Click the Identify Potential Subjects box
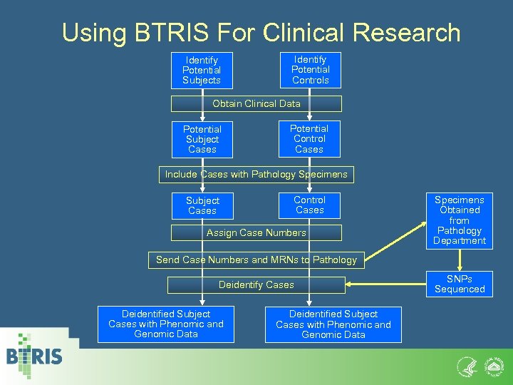click(202, 71)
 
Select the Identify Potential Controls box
click(311, 70)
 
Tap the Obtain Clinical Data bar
click(256, 103)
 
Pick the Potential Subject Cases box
click(202, 139)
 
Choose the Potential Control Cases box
click(309, 139)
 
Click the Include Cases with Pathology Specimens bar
click(256, 175)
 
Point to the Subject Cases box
click(202, 206)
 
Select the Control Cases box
click(309, 205)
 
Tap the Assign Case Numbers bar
click(256, 232)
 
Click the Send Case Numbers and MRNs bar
click(256, 260)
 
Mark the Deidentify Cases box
click(256, 284)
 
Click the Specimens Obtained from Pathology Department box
click(460, 220)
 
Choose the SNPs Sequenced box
click(460, 284)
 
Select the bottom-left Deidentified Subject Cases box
click(166, 324)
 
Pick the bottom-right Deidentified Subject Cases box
click(333, 324)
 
